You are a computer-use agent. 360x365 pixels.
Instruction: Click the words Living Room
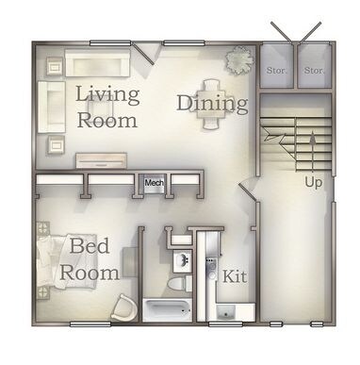coord(106,107)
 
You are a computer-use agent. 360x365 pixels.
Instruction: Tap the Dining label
coord(211,103)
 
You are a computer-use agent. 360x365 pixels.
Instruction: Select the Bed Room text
coord(91,259)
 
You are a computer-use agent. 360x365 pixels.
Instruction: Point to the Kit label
coord(234,276)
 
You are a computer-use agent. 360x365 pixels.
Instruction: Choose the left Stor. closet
coord(276,70)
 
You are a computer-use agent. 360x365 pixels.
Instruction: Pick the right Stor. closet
coord(315,70)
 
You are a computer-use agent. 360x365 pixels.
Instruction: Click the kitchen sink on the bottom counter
coord(226,312)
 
